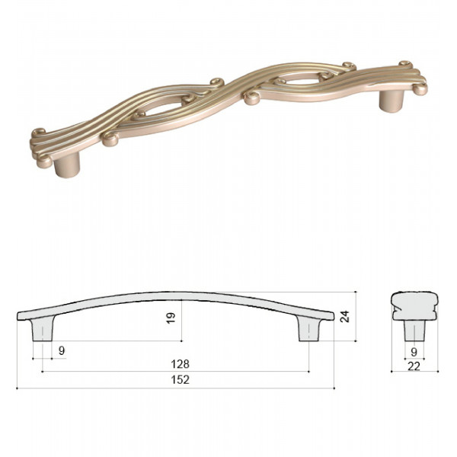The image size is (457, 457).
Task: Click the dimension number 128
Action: [180, 364]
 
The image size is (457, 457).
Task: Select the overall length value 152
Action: [180, 380]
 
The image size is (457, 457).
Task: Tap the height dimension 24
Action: [345, 317]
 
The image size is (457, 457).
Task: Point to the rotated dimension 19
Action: [171, 318]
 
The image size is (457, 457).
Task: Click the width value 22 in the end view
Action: [414, 366]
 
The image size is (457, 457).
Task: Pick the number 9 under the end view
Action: [414, 353]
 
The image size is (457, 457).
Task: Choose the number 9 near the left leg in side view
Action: [62, 351]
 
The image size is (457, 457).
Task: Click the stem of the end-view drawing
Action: [414, 331]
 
